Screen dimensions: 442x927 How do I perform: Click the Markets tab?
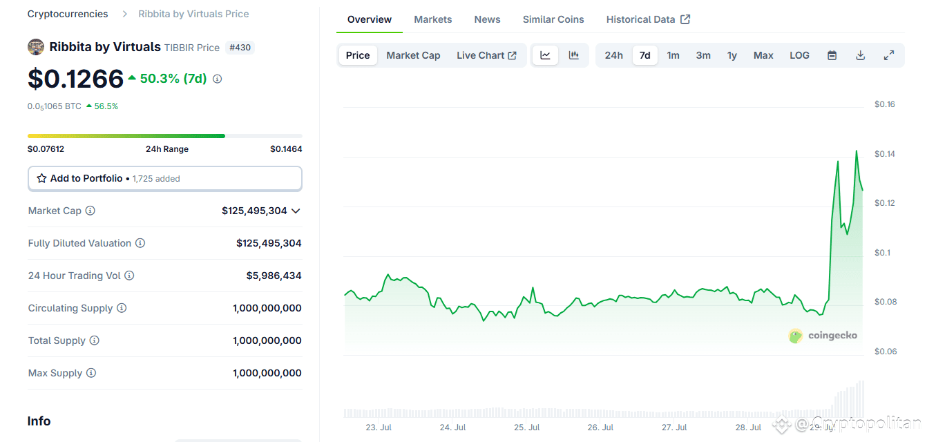point(432,19)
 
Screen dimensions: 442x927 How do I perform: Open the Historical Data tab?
point(647,19)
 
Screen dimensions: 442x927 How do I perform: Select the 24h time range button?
point(613,55)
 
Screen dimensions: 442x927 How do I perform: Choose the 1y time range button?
point(732,55)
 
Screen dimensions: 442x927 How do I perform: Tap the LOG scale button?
point(799,55)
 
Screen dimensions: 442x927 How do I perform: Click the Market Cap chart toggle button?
point(413,55)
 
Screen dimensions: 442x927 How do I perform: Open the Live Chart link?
point(486,55)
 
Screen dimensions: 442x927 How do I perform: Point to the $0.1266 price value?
point(75,79)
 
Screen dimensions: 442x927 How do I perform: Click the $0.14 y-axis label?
point(884,154)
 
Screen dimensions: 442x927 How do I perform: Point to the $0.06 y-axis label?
point(884,352)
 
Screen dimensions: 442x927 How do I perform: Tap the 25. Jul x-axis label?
point(526,427)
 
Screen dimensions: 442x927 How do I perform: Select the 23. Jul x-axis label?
point(379,427)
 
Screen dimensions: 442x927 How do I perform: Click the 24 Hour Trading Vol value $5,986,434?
point(274,276)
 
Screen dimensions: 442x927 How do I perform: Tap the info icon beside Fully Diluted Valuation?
point(140,243)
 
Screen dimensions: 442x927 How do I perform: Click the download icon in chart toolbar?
point(860,55)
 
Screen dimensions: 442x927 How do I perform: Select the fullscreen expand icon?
point(889,55)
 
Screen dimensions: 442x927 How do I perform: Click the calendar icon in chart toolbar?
point(832,55)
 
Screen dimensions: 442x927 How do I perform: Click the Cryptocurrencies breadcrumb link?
point(68,14)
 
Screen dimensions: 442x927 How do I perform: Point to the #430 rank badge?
point(240,48)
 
